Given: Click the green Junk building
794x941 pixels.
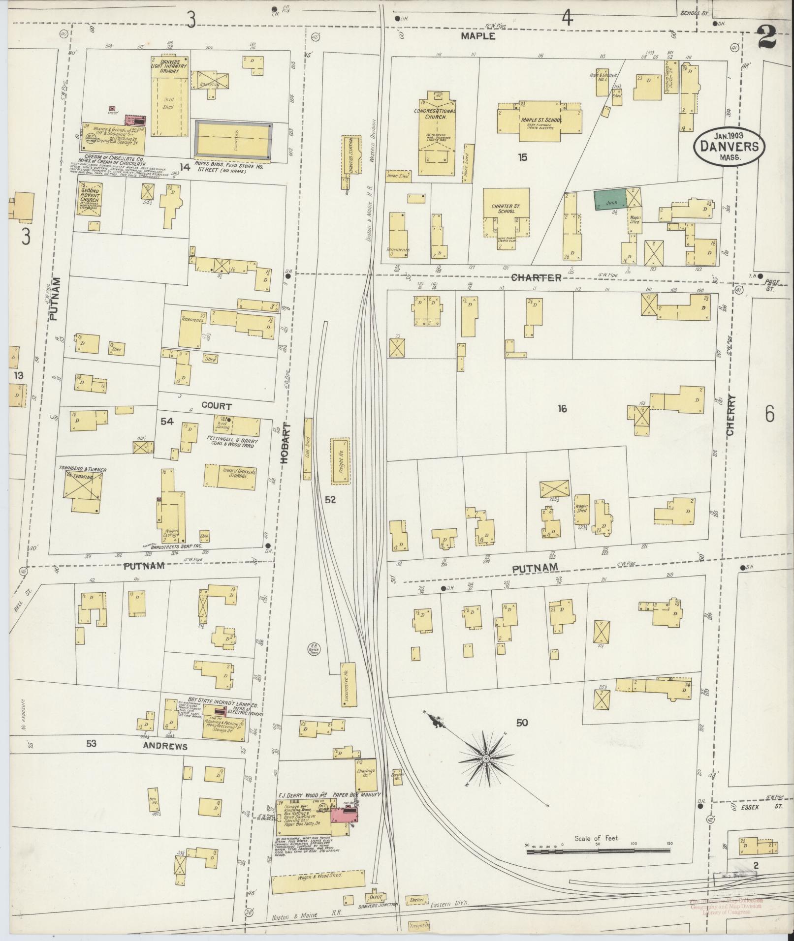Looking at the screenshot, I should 610,199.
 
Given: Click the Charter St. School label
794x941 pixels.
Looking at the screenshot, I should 506,209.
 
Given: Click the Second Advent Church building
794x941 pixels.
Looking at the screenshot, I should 91,199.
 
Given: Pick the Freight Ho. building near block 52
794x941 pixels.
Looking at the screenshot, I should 340,461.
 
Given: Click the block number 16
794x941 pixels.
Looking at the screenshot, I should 562,408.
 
